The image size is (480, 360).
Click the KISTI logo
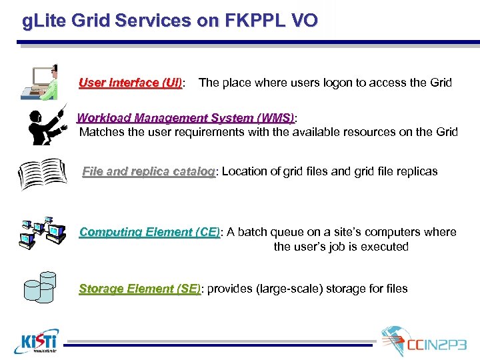(x=36, y=341)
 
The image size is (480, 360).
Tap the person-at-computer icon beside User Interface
(x=40, y=82)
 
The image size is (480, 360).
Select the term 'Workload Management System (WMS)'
(x=185, y=118)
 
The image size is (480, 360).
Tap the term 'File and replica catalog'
(x=148, y=171)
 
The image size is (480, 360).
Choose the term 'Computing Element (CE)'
(x=149, y=232)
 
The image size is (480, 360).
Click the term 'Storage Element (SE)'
(x=139, y=289)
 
